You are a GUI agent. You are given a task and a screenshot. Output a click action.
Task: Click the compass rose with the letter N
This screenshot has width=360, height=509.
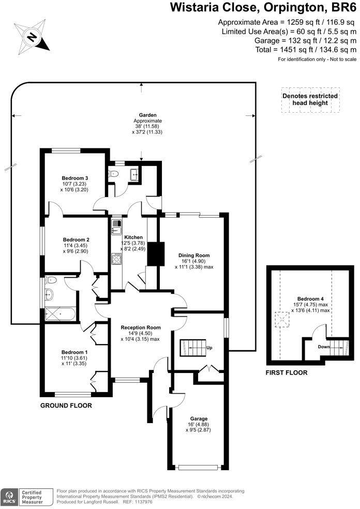coord(32,36)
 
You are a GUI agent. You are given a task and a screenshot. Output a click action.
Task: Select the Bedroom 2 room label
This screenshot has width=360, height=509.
coord(77,239)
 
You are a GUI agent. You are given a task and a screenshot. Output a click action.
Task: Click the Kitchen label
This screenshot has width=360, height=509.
coord(133,237)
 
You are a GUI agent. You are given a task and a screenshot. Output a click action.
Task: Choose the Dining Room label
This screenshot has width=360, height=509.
coord(194,256)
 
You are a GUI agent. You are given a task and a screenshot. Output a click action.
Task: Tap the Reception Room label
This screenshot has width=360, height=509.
coord(141,327)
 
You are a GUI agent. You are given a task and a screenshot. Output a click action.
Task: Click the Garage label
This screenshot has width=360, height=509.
coord(199,418)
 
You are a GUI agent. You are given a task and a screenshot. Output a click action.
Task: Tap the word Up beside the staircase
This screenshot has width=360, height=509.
coord(209,348)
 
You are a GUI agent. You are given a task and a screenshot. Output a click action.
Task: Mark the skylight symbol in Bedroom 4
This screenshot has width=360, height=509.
coord(282,321)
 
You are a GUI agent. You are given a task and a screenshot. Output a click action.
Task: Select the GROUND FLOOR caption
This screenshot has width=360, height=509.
coord(66,406)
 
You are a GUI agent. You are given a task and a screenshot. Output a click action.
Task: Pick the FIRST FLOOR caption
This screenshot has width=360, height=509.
coord(286,372)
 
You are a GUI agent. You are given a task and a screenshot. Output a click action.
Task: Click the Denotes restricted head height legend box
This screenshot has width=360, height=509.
coord(310,99)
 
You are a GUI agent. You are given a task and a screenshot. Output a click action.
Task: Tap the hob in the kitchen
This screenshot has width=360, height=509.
coord(116,258)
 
